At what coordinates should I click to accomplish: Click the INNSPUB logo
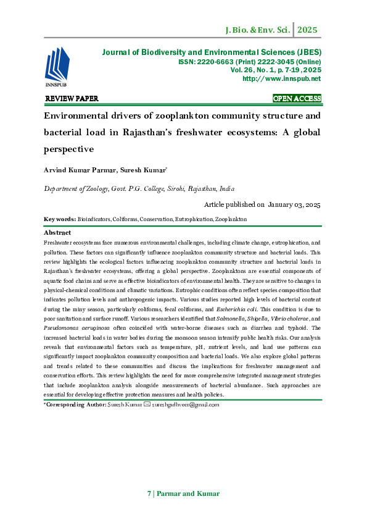pos(56,69)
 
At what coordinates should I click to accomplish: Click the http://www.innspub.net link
pos(282,79)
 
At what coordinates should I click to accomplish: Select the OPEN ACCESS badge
pos(297,99)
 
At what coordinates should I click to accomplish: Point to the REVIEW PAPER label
pos(72,99)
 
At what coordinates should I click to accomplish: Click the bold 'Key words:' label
pos(60,219)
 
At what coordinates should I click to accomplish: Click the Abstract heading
pos(57,233)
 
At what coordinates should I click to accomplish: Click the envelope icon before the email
pos(146,405)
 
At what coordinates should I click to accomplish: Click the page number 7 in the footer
pos(149,493)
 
